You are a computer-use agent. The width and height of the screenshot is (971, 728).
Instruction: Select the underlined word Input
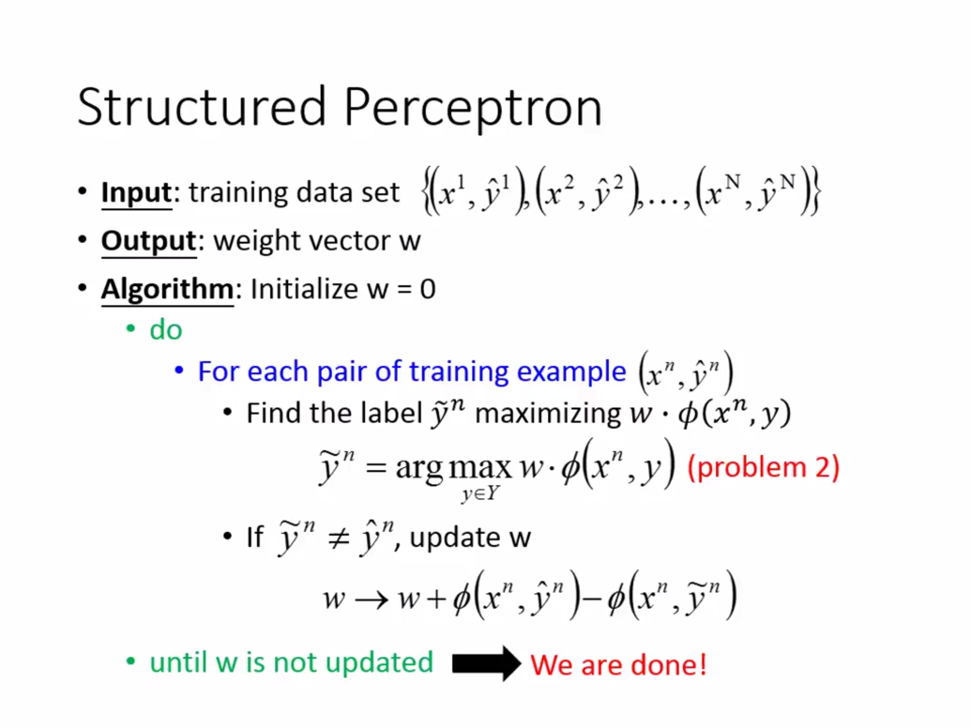coord(136,192)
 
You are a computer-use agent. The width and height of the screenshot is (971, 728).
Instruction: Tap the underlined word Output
coord(148,241)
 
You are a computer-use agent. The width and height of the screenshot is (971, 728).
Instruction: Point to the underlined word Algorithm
coord(167,289)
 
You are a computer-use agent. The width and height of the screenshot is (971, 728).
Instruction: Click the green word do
coord(165,329)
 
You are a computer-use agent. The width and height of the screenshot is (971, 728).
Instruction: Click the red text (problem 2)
coord(763,467)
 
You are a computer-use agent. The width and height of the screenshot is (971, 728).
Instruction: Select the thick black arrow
coord(485,663)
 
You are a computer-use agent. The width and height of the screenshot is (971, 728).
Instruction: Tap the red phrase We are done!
coord(618,664)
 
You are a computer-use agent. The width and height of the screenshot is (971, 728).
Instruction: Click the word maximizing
coord(547,413)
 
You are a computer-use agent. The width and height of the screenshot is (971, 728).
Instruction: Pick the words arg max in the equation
coord(453,467)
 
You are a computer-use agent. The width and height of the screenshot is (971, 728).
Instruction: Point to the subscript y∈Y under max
coord(480,494)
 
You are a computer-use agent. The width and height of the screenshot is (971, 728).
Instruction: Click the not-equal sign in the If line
coord(339,538)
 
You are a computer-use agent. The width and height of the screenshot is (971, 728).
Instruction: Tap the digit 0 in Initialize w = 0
coord(427,289)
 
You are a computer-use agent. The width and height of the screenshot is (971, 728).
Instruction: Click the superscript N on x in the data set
coord(733,181)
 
